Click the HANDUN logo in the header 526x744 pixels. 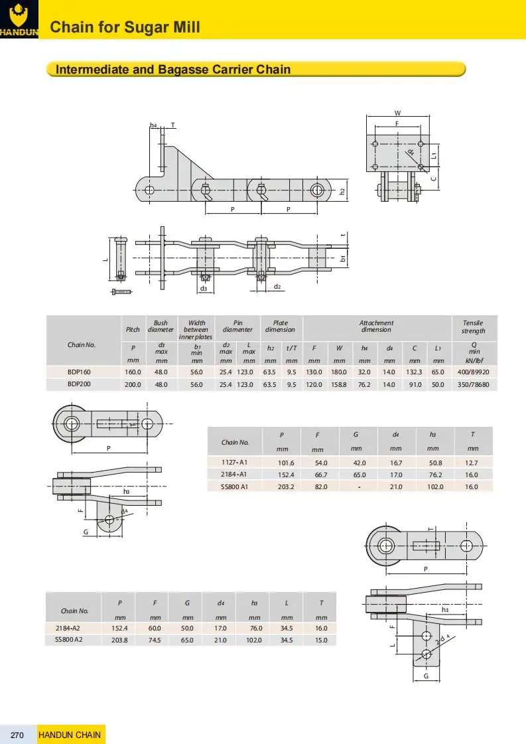[x=19, y=19]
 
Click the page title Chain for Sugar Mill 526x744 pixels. [x=125, y=27]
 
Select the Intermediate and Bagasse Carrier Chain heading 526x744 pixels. [x=173, y=69]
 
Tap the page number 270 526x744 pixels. [x=18, y=735]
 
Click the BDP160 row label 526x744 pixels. [x=80, y=372]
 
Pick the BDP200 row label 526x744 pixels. [x=80, y=384]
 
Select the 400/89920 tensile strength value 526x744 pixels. [x=474, y=372]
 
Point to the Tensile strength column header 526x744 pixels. [x=474, y=327]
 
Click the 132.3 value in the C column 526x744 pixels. [x=414, y=372]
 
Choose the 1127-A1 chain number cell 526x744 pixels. [x=234, y=462]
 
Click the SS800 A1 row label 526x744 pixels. [x=234, y=486]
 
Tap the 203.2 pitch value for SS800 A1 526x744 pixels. [x=282, y=486]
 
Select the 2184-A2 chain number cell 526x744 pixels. [x=74, y=628]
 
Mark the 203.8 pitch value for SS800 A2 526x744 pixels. [x=119, y=640]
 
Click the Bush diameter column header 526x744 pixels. [x=161, y=327]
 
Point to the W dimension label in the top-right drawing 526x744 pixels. [x=397, y=113]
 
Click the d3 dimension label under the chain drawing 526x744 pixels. [x=204, y=289]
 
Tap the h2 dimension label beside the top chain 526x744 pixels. [x=342, y=191]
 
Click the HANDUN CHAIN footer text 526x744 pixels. [x=70, y=735]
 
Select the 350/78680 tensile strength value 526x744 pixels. [x=474, y=384]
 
